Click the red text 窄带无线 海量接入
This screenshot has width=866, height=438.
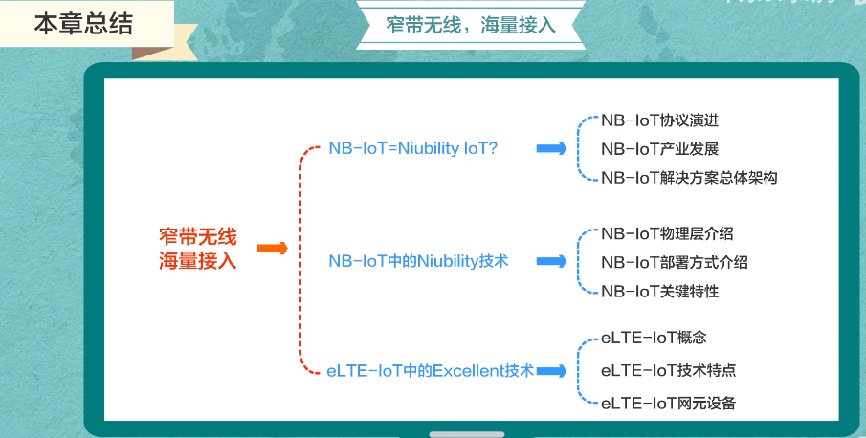pyautogui.click(x=197, y=248)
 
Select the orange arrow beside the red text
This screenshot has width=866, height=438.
pyautogui.click(x=273, y=249)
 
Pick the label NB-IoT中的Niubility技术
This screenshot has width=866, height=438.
pyautogui.click(x=418, y=260)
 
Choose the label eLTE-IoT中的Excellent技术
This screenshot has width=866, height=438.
pyautogui.click(x=429, y=370)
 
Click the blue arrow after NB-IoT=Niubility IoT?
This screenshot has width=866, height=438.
pyautogui.click(x=550, y=148)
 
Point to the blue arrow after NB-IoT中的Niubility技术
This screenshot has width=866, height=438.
pyautogui.click(x=550, y=260)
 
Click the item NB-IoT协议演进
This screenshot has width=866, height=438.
pyautogui.click(x=659, y=120)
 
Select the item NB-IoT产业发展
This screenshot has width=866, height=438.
pyautogui.click(x=659, y=148)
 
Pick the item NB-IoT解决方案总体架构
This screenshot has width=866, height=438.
pyautogui.click(x=689, y=177)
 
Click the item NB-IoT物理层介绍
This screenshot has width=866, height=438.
pyautogui.click(x=667, y=232)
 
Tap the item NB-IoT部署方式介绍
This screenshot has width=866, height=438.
pyautogui.click(x=675, y=262)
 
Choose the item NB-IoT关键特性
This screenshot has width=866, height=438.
pyautogui.click(x=659, y=291)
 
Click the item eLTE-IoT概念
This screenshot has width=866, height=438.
pyautogui.click(x=654, y=338)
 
